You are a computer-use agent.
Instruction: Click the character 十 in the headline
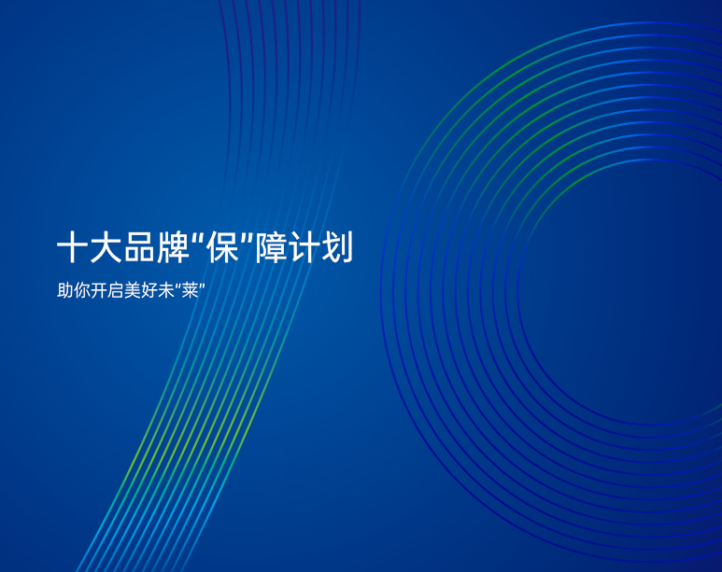click(72, 247)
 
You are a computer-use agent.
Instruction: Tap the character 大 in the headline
click(106, 247)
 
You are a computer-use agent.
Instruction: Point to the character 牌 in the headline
click(173, 247)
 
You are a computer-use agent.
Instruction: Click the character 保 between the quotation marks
click(222, 247)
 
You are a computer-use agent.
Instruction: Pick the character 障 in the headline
click(271, 247)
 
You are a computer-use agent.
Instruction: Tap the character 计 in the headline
click(304, 247)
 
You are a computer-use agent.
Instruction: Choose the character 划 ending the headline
click(337, 247)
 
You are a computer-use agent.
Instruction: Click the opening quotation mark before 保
click(198, 239)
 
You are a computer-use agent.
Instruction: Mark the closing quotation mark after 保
click(247, 239)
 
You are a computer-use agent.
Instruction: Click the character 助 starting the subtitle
click(65, 291)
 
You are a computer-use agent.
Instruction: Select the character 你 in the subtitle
click(81, 291)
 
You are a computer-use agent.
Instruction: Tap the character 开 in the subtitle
click(98, 291)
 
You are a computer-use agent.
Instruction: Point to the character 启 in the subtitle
click(115, 291)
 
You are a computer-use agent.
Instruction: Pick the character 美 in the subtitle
click(132, 291)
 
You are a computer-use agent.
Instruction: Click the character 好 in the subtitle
click(149, 291)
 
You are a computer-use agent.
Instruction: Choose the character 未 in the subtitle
click(165, 291)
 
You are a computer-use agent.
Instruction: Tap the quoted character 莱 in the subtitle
click(190, 291)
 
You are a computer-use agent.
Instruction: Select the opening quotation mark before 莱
click(177, 286)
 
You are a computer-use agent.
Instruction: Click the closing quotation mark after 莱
click(202, 286)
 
